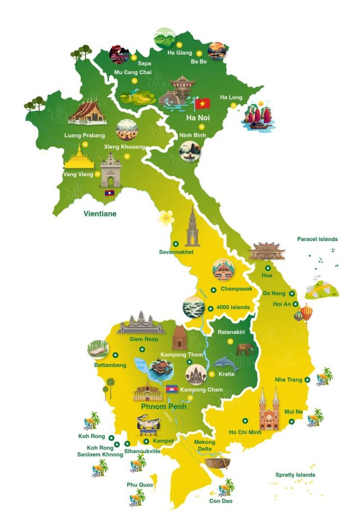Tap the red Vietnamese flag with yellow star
202,103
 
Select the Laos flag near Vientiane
109,193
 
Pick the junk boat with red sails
258,117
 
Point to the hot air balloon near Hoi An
306,312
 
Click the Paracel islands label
317,239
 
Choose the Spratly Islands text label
295,475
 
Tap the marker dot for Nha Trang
307,380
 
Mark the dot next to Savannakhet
175,243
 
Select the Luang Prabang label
84,135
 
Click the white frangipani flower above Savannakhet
167,217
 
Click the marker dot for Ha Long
233,105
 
